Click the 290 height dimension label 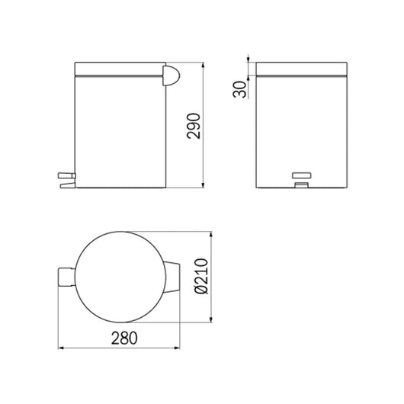pos(194,126)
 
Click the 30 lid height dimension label pos(239,89)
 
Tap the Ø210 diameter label pos(201,276)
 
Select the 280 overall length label pos(124,338)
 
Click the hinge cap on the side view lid pos(171,75)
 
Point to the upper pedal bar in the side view pos(67,176)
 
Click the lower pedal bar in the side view pos(68,185)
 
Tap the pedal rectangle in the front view pos(301,175)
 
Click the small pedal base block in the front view pos(301,184)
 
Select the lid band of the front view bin pos(301,69)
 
